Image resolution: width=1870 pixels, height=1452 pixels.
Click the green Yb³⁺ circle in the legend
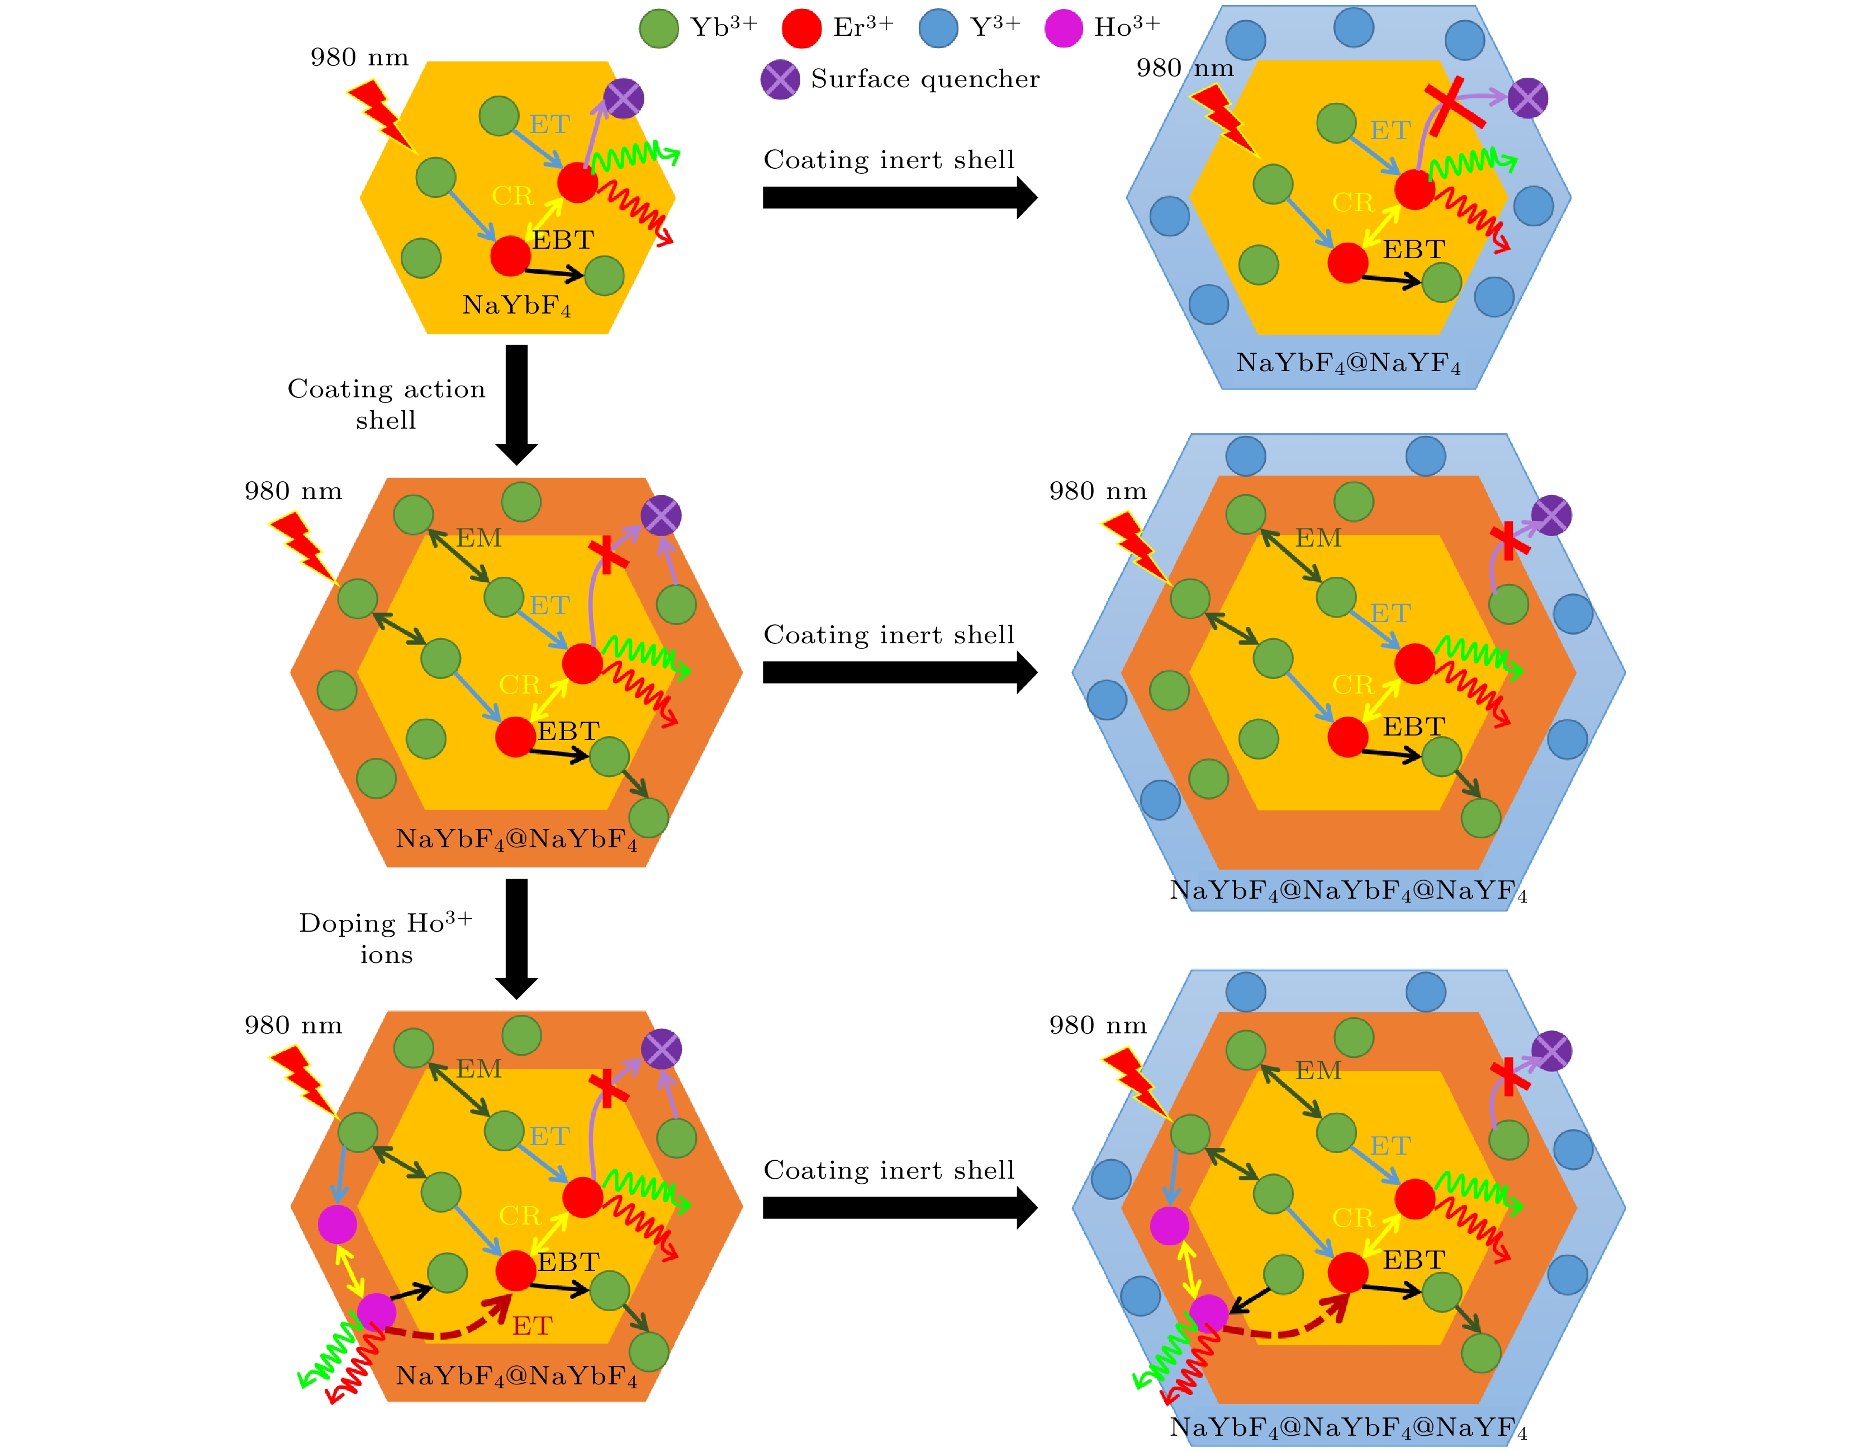(658, 29)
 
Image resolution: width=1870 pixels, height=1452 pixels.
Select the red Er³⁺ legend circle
(801, 29)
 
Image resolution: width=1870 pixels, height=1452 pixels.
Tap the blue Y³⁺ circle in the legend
(938, 29)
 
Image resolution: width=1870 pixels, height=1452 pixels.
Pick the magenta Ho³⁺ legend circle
(1064, 29)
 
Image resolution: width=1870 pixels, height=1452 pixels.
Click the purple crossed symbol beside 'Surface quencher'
(780, 79)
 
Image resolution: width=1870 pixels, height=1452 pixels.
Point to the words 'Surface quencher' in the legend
(925, 79)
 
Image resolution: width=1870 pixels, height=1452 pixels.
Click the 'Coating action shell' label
(386, 404)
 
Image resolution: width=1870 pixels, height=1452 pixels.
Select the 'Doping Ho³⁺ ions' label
(386, 938)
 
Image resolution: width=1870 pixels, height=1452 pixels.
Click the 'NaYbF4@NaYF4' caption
(1347, 364)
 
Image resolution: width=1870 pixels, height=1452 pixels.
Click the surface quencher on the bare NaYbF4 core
(623, 98)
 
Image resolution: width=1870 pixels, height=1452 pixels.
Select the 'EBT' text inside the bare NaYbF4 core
(563, 240)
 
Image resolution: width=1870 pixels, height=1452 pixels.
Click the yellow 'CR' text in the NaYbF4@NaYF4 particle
(1353, 203)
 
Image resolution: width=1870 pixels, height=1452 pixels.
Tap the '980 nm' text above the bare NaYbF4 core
(359, 58)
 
